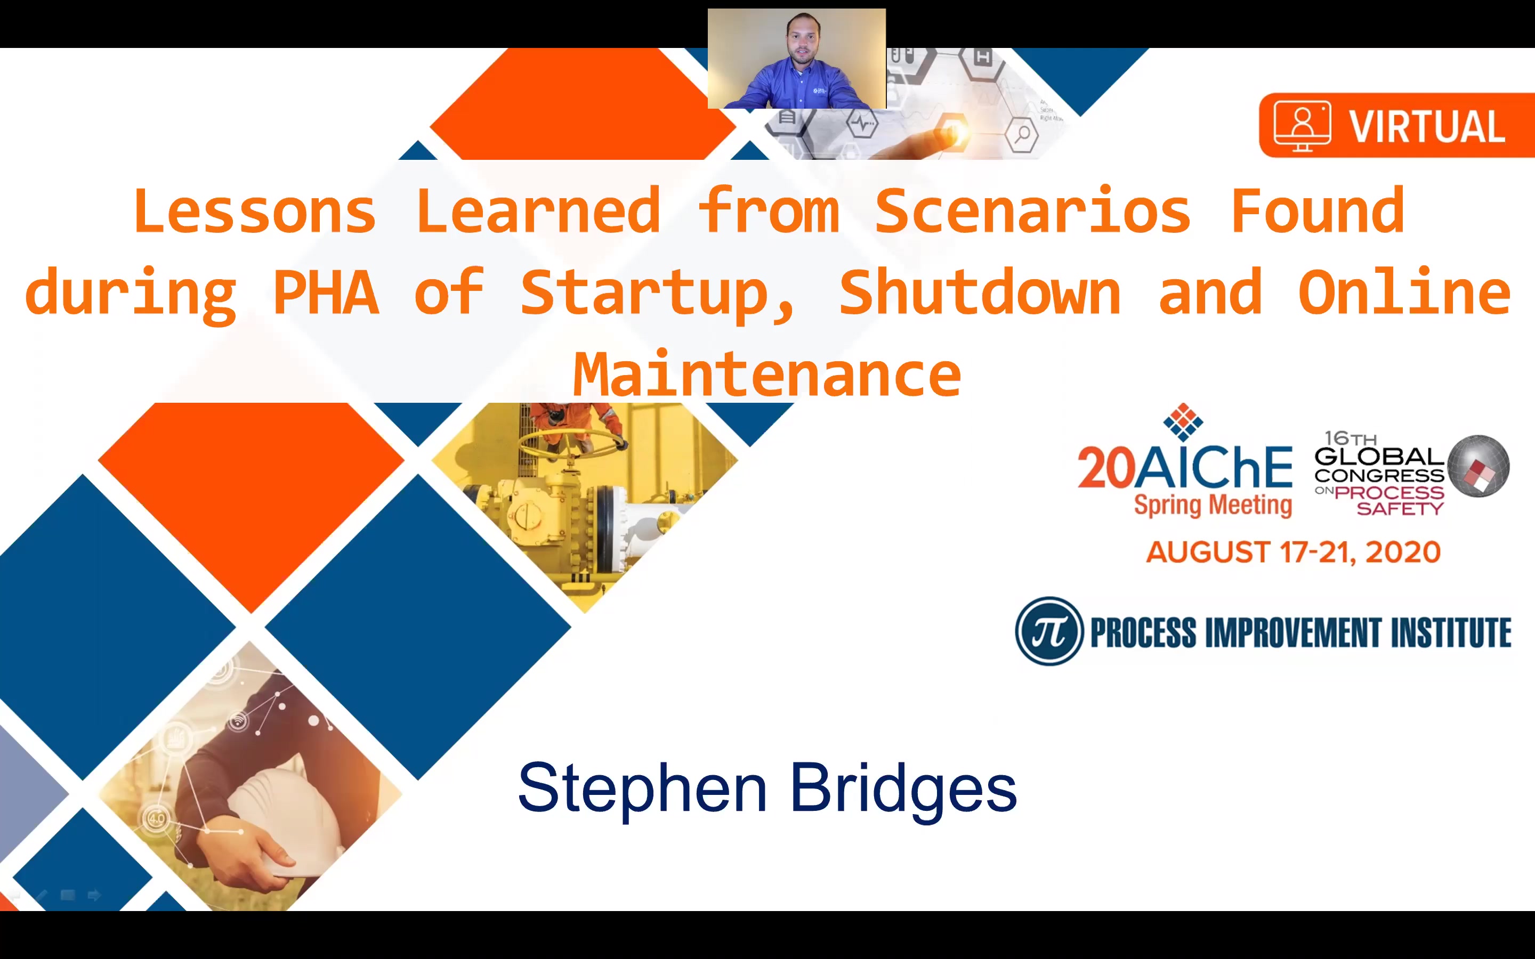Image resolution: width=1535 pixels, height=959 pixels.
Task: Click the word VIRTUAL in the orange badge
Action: coord(1426,126)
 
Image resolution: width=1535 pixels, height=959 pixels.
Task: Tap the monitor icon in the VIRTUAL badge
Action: coord(1302,126)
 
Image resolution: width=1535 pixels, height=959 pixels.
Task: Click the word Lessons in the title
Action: coord(255,210)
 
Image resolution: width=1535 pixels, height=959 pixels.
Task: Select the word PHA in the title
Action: coord(326,292)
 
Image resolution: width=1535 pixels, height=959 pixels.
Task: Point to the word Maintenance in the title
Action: coord(767,374)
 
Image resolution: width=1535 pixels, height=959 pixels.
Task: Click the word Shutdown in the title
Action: coord(980,292)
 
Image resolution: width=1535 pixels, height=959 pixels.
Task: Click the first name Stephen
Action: coord(643,788)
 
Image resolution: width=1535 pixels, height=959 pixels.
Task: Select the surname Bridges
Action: coord(903,788)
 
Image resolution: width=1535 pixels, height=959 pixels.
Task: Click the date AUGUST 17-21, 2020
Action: coord(1294,552)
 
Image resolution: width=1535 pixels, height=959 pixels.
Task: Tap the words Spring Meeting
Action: coord(1213,506)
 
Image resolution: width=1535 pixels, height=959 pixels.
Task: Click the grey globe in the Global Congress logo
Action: coord(1479,466)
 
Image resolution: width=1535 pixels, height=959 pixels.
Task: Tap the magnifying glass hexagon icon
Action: coord(1021,134)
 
